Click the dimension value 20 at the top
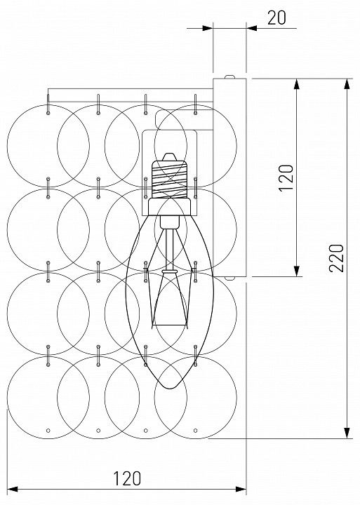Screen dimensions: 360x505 (276, 18)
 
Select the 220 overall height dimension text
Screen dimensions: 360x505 (336, 258)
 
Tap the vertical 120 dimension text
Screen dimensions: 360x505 (286, 178)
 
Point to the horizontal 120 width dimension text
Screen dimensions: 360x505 (127, 478)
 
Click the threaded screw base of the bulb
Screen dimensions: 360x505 (170, 179)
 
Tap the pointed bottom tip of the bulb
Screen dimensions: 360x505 (170, 387)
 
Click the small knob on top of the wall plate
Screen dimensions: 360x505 (229, 76)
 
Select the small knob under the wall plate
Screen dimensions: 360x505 (229, 278)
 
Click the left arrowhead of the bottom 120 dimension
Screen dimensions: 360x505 (13, 490)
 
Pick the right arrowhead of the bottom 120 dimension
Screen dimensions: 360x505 (241, 490)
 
